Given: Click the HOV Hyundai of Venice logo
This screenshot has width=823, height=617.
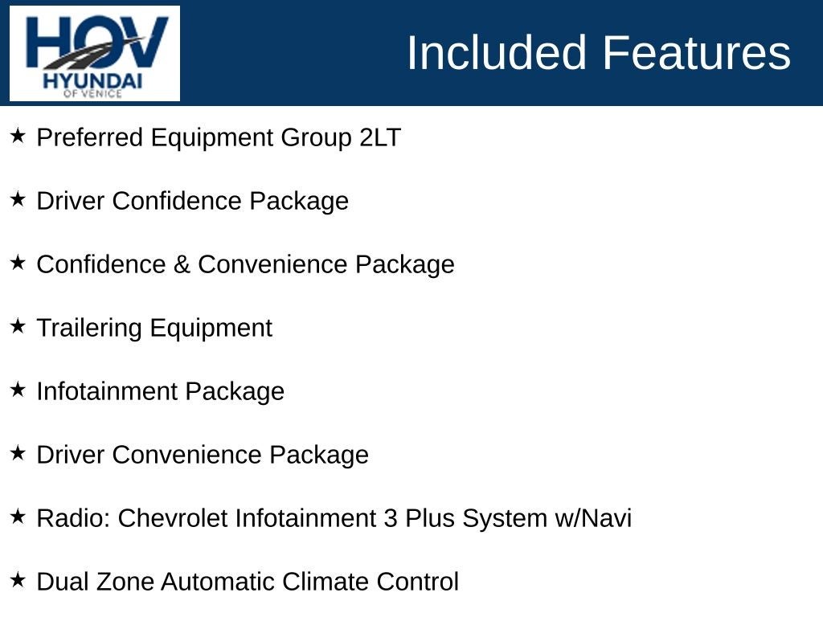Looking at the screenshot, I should pyautogui.click(x=95, y=54).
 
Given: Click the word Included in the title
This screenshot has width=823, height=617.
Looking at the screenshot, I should pyautogui.click(x=497, y=53).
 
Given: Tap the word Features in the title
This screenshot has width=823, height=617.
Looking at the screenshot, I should pyautogui.click(x=696, y=53).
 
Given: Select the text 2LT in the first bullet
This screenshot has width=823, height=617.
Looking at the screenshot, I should pyautogui.click(x=380, y=138).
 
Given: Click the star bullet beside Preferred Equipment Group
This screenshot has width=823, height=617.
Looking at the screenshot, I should pyautogui.click(x=18, y=136).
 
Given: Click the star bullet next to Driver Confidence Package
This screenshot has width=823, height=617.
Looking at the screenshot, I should pyautogui.click(x=18, y=199).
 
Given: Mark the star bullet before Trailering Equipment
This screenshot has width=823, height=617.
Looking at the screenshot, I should pyautogui.click(x=18, y=326).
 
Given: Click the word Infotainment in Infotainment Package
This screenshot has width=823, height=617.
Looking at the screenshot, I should pyautogui.click(x=107, y=391).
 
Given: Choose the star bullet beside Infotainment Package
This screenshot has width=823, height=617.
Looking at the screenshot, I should pyautogui.click(x=18, y=390).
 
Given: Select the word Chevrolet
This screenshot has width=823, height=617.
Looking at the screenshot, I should pyautogui.click(x=173, y=518).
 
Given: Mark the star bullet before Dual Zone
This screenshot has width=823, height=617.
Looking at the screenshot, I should pyautogui.click(x=18, y=580).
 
